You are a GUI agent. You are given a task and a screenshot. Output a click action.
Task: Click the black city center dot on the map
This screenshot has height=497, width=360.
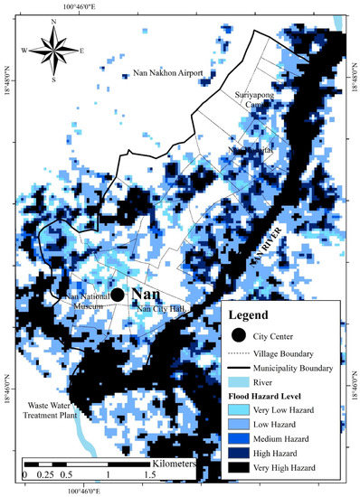click(x=117, y=295)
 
